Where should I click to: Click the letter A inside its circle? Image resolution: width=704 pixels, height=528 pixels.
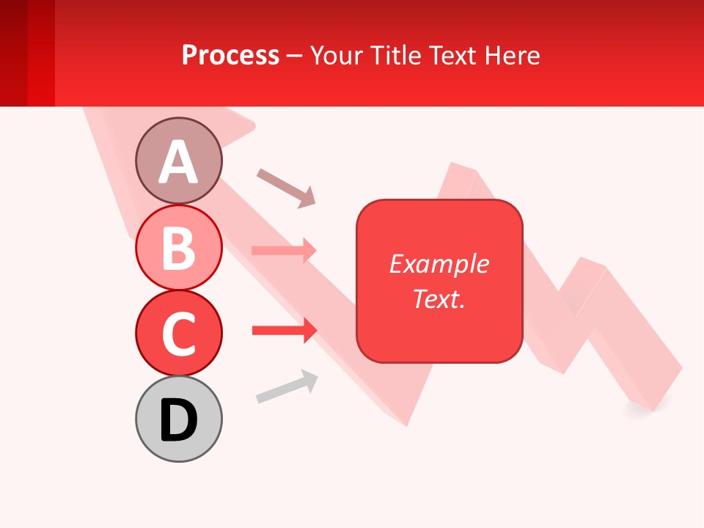pos(178,162)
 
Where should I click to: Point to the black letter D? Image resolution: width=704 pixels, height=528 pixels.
pos(178,421)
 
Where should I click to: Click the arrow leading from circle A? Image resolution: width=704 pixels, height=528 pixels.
pos(286,188)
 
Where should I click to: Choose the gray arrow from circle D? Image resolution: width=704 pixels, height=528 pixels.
pos(287,386)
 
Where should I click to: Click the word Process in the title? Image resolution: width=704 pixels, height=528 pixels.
pos(230,55)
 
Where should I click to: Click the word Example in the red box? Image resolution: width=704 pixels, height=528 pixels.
pos(439,264)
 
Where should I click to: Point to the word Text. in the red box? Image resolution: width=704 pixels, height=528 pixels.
pos(439,298)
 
